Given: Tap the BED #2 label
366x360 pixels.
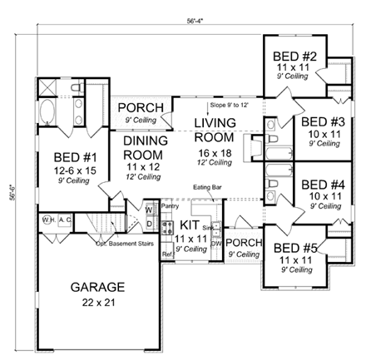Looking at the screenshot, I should tap(291, 57).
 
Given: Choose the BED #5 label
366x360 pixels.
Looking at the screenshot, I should tap(293, 247).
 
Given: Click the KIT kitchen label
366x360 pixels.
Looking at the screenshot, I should tap(190, 225).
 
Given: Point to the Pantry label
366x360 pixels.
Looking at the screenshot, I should tap(171, 204).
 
